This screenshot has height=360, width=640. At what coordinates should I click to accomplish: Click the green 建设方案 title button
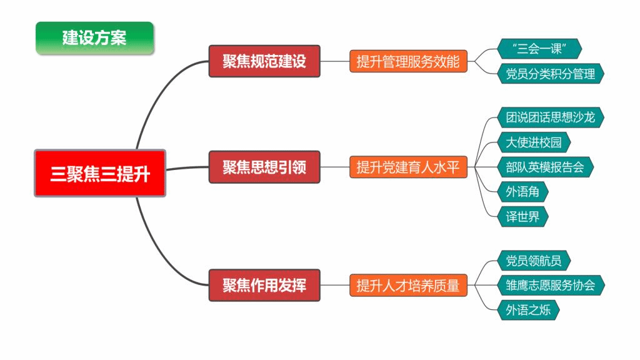94,37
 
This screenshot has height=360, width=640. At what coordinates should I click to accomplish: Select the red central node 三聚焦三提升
100,174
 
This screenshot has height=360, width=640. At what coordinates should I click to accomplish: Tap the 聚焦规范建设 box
264,61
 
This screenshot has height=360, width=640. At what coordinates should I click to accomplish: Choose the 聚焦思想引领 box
264,167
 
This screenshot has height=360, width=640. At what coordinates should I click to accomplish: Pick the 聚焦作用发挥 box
264,285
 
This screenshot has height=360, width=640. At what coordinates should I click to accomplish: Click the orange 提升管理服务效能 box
408,61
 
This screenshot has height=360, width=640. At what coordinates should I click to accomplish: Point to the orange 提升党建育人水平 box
408,167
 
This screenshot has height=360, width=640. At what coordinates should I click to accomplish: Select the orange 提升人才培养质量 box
408,285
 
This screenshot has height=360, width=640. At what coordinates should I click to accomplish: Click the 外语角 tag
522,192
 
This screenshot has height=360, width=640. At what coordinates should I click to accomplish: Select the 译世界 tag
522,217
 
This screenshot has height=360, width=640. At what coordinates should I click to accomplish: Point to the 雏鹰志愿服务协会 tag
551,285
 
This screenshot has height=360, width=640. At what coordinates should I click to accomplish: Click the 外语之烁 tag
528,309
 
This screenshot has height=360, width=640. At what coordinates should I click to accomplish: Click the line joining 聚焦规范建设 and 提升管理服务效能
334,61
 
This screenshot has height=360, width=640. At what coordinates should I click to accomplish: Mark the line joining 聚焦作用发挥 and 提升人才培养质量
334,285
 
